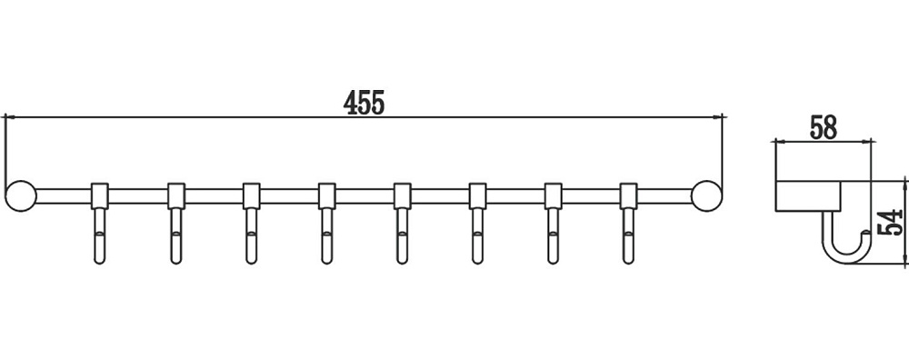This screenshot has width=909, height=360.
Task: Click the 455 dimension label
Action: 364,103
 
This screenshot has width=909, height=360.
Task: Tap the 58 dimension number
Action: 824,128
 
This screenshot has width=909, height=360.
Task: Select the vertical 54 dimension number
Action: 891,222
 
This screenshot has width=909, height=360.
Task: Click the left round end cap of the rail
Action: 20,196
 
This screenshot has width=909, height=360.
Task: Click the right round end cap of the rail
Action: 706,196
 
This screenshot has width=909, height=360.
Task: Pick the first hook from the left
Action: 100,224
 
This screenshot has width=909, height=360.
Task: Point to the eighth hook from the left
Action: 628,224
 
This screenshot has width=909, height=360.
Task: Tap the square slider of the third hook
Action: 251,196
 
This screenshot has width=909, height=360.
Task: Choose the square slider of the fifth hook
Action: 403,196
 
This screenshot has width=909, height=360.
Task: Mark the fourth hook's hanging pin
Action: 327,236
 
